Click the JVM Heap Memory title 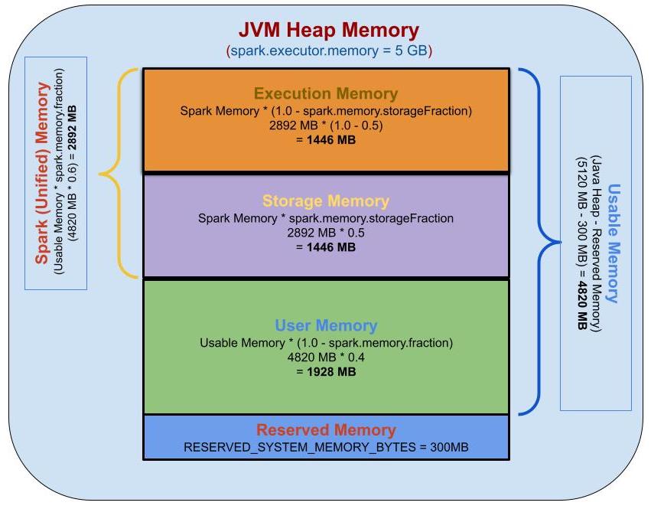[x=329, y=30]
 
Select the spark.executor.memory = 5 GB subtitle [x=329, y=51]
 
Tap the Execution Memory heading [x=326, y=94]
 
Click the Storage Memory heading [x=326, y=201]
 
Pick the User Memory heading [x=326, y=325]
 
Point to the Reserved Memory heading [x=326, y=430]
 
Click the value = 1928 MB [x=326, y=372]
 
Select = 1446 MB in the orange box [x=326, y=140]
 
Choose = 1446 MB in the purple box [x=326, y=247]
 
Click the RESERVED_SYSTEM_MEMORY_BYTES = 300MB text [x=326, y=447]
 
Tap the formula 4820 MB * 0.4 [x=326, y=357]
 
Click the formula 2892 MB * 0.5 [x=326, y=233]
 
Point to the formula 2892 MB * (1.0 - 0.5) [x=326, y=126]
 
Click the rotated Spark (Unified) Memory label [x=43, y=173]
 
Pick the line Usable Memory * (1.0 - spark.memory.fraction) [x=326, y=342]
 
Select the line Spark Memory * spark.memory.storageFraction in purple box [x=326, y=218]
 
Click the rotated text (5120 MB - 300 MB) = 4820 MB [x=581, y=243]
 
